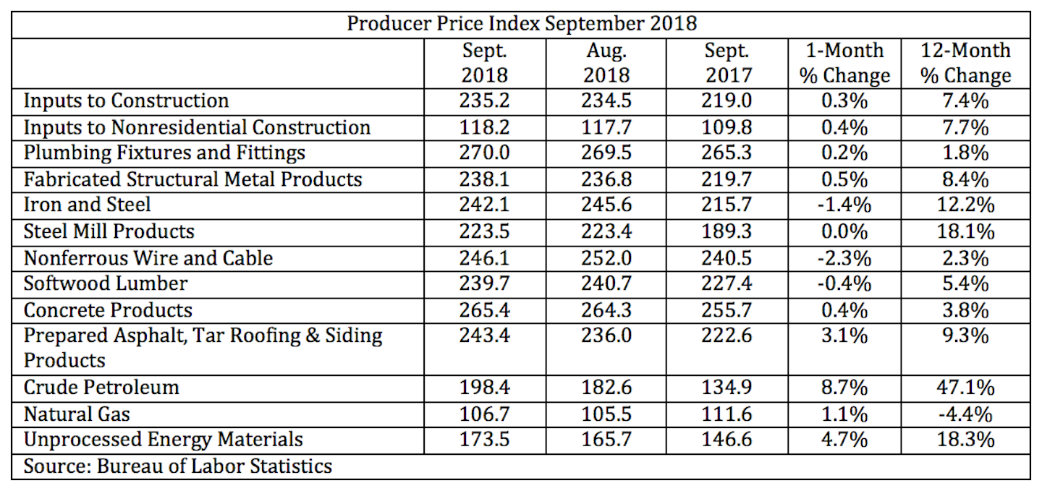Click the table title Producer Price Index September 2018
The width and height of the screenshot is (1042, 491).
click(x=521, y=23)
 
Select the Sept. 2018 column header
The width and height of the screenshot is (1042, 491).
click(x=485, y=63)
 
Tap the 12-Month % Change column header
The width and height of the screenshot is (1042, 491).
click(x=965, y=63)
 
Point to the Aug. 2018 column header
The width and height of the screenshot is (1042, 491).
click(x=606, y=63)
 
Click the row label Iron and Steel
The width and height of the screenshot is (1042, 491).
click(x=88, y=205)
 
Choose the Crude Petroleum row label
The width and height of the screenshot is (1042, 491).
click(x=101, y=387)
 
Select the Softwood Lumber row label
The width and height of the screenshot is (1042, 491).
click(x=106, y=283)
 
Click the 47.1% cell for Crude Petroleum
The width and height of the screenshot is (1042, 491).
click(x=965, y=387)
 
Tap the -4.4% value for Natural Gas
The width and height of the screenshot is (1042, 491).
click(x=965, y=414)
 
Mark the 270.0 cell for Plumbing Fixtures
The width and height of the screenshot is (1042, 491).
click(x=485, y=153)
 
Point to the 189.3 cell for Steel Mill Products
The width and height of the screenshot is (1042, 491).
click(x=727, y=231)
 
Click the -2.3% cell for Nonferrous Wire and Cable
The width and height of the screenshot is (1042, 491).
click(x=844, y=257)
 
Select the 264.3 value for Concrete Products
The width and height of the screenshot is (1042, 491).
click(x=606, y=310)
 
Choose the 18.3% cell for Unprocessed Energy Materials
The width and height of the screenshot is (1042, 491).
click(x=965, y=440)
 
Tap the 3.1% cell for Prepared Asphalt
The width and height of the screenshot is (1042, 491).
click(x=844, y=336)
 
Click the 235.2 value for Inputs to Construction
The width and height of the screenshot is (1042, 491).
click(x=485, y=100)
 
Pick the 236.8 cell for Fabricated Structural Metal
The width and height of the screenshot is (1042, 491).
click(x=606, y=179)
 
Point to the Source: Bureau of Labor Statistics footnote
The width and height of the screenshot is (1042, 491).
click(x=178, y=466)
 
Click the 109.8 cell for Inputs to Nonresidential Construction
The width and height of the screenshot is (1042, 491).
click(x=727, y=127)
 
